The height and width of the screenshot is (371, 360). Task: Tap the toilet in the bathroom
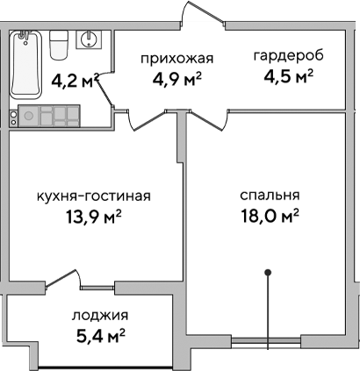coord(60,40)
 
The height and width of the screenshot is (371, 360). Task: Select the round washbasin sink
coord(89,39)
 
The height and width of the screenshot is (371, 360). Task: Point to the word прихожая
coord(177,59)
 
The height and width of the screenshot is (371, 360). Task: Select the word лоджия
coord(97,315)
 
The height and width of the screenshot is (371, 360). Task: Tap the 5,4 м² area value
coord(97,336)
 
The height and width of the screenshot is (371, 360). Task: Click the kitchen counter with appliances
coord(56,116)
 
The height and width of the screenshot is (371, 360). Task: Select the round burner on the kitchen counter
coord(28,116)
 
